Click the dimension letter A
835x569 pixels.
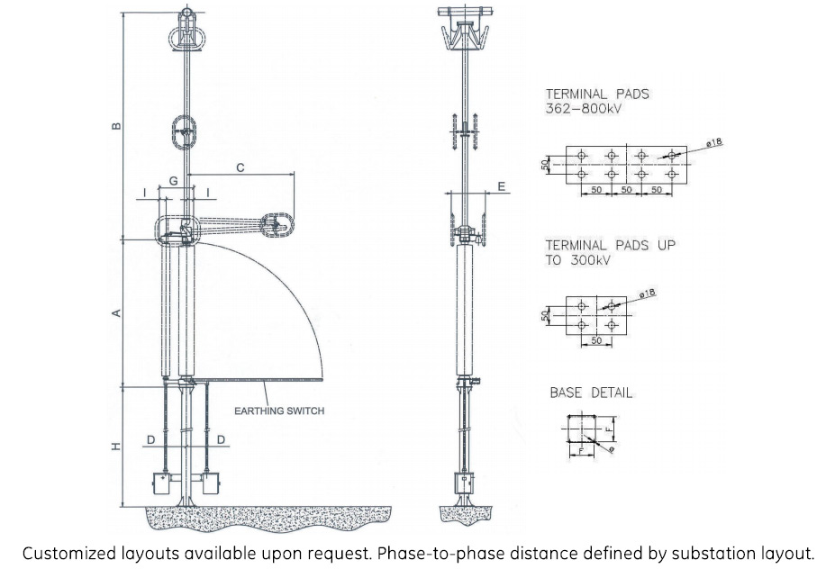115,313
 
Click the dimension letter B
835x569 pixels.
115,126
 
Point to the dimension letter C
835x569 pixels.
240,167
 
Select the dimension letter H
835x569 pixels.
115,447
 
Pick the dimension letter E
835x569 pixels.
502,186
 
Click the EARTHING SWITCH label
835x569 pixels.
279,411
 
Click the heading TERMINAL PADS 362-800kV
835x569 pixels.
597,101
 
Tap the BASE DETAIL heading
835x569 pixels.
591,393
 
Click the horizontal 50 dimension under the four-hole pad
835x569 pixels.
596,342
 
